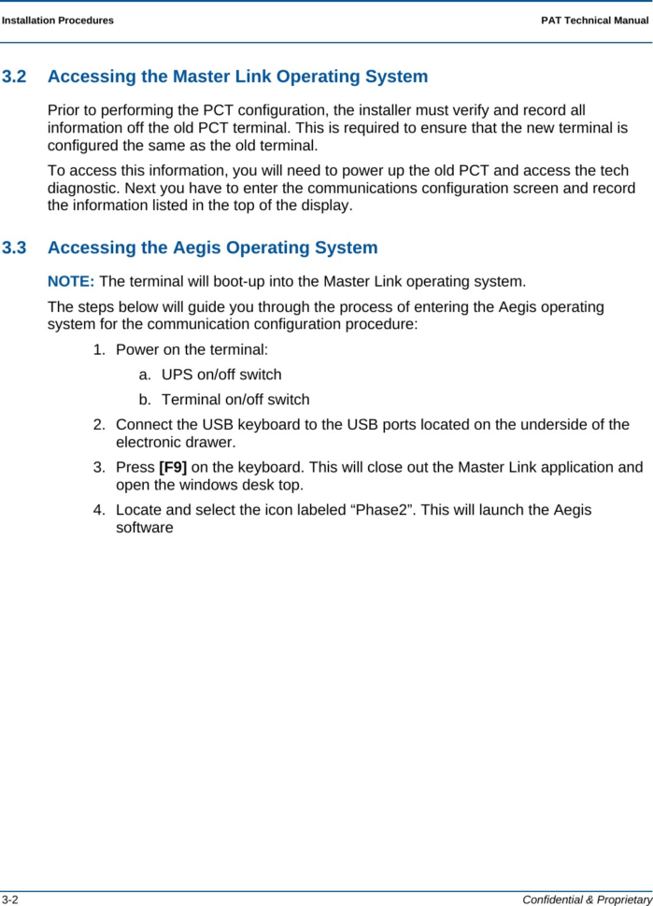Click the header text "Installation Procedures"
coord(58,20)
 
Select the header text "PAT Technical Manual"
coord(594,20)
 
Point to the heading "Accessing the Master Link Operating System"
coord(237,77)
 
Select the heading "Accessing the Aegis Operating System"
coord(212,248)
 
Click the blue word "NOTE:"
coord(71,281)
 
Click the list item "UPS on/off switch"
coord(221,375)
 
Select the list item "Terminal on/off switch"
coord(235,400)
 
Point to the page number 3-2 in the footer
coord(10,899)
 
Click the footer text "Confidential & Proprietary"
coord(587,899)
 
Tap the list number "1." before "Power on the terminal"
coord(99,349)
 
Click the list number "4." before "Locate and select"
coord(99,510)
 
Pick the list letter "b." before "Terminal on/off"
coord(145,400)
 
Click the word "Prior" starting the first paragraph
coord(65,110)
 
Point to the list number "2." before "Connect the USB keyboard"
coord(99,425)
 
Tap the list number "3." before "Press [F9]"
coord(99,467)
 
